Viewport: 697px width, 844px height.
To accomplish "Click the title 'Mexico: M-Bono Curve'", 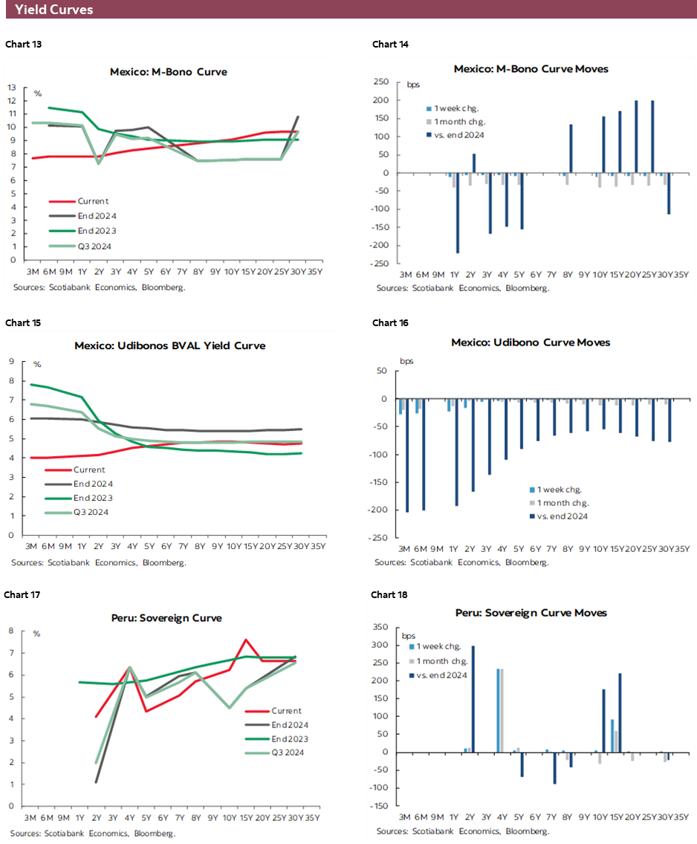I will coord(169,72).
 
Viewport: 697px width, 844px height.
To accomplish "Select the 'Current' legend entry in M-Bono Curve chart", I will coord(93,201).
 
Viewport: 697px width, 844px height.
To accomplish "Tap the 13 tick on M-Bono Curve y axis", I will coord(13,87).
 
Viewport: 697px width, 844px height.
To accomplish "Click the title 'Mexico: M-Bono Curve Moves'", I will coord(531,68).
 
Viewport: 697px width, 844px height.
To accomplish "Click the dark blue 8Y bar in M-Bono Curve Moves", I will coord(571,149).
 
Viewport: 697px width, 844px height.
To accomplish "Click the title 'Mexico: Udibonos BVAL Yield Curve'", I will coord(169,345).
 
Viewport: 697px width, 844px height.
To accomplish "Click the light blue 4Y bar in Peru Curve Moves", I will coord(497,710).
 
